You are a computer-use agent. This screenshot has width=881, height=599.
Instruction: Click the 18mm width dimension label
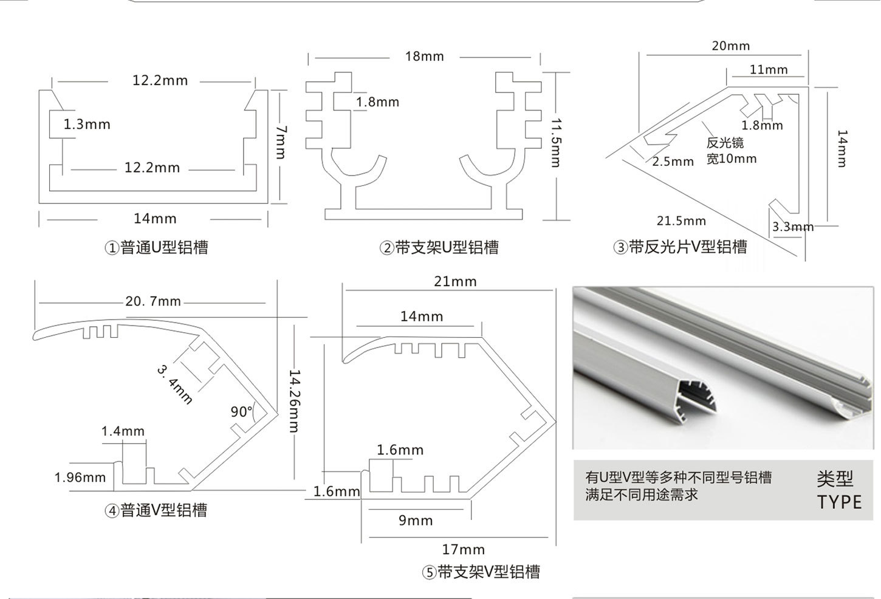424,56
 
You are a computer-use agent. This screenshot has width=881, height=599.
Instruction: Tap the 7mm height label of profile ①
281,142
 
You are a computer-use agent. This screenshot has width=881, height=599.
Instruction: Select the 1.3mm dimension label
87,125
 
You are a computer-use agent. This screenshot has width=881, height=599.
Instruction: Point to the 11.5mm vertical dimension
555,143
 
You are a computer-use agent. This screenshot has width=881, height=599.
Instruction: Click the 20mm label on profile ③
731,46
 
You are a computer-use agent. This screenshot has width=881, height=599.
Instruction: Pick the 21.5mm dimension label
681,221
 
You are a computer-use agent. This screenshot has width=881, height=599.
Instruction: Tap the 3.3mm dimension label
792,227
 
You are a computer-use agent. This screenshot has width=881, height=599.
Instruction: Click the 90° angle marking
241,412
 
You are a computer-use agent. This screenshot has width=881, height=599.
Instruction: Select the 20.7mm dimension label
153,301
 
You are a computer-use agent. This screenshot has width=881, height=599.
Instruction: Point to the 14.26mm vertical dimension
295,401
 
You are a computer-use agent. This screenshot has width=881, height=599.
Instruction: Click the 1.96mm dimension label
80,477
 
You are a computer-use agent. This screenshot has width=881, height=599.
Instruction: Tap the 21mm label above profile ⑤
455,282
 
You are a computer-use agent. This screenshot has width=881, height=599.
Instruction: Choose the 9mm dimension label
416,521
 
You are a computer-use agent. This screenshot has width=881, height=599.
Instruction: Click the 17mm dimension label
464,549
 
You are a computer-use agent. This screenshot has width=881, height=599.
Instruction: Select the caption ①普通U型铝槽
156,247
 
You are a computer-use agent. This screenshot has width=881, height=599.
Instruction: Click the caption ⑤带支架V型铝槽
481,572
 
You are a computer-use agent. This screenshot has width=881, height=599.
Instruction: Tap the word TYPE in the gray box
839,502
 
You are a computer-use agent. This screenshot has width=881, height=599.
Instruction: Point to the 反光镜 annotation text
725,143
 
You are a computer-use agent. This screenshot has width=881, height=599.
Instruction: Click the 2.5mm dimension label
673,162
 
